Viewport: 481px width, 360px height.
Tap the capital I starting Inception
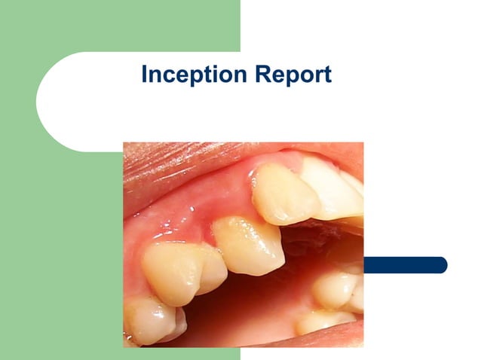tap(145, 75)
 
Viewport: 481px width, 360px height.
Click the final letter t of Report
tap(327, 75)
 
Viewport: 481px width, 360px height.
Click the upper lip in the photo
tap(181, 162)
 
